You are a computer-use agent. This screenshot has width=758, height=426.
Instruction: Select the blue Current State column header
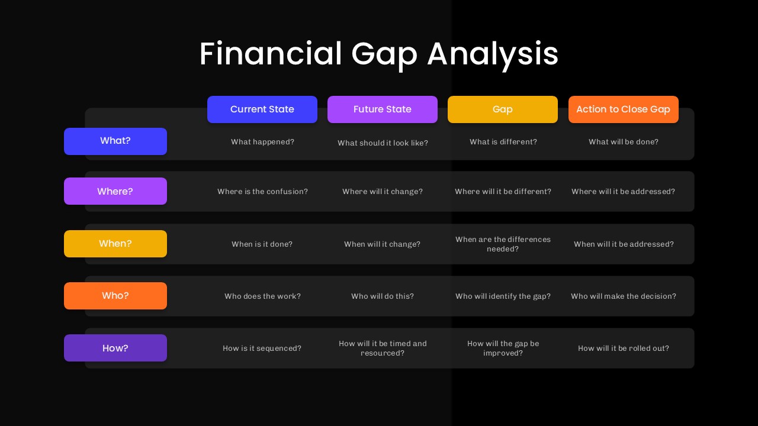pyautogui.click(x=262, y=109)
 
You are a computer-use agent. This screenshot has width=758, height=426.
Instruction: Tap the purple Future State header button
pyautogui.click(x=383, y=109)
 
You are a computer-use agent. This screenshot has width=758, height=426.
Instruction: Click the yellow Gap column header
pyautogui.click(x=503, y=109)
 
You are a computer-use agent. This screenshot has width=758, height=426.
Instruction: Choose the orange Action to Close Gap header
pyautogui.click(x=623, y=109)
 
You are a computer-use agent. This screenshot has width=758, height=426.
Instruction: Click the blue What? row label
pyautogui.click(x=115, y=141)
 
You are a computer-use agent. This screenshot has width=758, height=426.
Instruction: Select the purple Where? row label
pyautogui.click(x=115, y=191)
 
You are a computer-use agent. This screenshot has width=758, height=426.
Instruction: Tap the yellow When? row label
pyautogui.click(x=115, y=244)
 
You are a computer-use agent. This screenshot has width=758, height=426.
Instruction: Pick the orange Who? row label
pyautogui.click(x=115, y=296)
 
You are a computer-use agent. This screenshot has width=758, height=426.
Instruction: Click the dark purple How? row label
pyautogui.click(x=115, y=348)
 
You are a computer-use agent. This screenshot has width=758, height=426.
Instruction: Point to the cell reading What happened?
pyautogui.click(x=262, y=142)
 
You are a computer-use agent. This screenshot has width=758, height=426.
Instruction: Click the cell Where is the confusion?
pyautogui.click(x=262, y=192)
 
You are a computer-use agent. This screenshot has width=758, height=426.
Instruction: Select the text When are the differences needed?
pyautogui.click(x=503, y=244)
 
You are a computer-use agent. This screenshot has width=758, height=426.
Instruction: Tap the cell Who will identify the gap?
pyautogui.click(x=503, y=296)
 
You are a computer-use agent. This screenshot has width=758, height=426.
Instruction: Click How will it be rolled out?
pyautogui.click(x=623, y=348)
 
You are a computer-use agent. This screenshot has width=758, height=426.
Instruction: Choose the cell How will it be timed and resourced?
pyautogui.click(x=383, y=348)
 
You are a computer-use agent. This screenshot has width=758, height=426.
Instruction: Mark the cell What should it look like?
pyautogui.click(x=383, y=143)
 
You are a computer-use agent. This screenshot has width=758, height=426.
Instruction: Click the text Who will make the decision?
pyautogui.click(x=623, y=296)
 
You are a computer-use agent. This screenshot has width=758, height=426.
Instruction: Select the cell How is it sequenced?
pyautogui.click(x=262, y=348)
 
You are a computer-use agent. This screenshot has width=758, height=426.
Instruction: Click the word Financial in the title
pyautogui.click(x=271, y=54)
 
